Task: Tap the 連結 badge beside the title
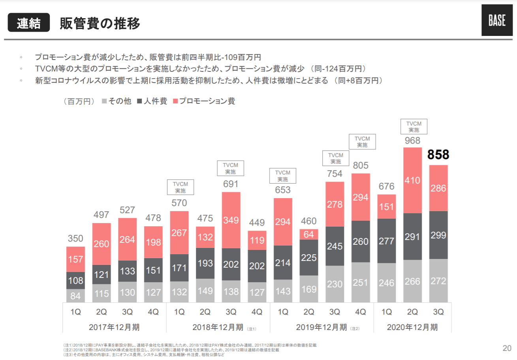coord(29,23)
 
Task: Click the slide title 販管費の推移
coord(100,24)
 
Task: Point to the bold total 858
coord(438,155)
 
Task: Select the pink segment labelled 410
coord(412,181)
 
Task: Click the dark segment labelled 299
coord(438,235)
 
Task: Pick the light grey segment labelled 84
coord(75,295)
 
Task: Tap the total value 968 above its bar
coord(412,141)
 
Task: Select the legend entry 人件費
coord(152,101)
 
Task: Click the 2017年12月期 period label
coord(115,327)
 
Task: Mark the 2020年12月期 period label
coord(412,327)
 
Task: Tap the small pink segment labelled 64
coord(309,234)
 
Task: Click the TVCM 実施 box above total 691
coord(231,168)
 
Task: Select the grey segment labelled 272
coord(438,281)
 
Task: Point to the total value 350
coord(75,238)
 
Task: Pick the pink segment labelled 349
coord(231,220)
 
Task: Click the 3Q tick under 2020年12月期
coord(438,312)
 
